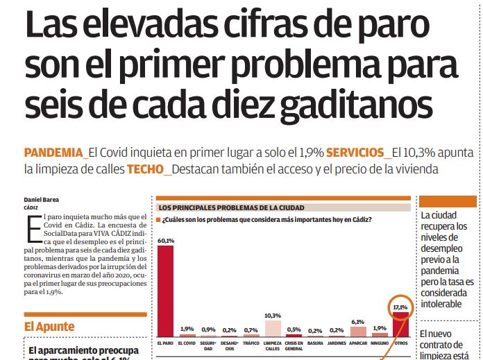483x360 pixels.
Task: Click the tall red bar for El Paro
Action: pyautogui.click(x=166, y=291)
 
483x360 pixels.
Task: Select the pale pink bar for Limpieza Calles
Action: pyautogui.click(x=273, y=328)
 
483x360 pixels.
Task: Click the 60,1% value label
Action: pyautogui.click(x=166, y=241)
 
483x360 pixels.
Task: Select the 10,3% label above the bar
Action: pyautogui.click(x=273, y=316)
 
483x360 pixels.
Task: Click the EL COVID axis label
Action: pyautogui.click(x=187, y=343)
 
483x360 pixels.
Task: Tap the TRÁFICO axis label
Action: pyautogui.click(x=251, y=343)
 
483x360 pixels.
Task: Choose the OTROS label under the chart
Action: pyautogui.click(x=400, y=343)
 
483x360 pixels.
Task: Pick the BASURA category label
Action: pyautogui.click(x=315, y=343)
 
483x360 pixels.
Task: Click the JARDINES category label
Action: pyautogui.click(x=337, y=343)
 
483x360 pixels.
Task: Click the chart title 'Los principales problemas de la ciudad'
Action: pyautogui.click(x=232, y=207)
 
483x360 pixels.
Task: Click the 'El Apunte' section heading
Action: pyautogui.click(x=49, y=326)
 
